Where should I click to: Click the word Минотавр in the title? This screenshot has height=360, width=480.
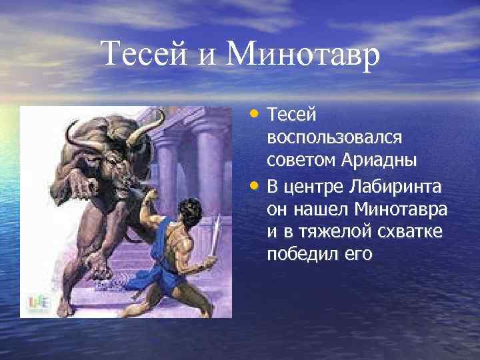click(303, 54)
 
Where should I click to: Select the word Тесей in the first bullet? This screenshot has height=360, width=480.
click(290, 115)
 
